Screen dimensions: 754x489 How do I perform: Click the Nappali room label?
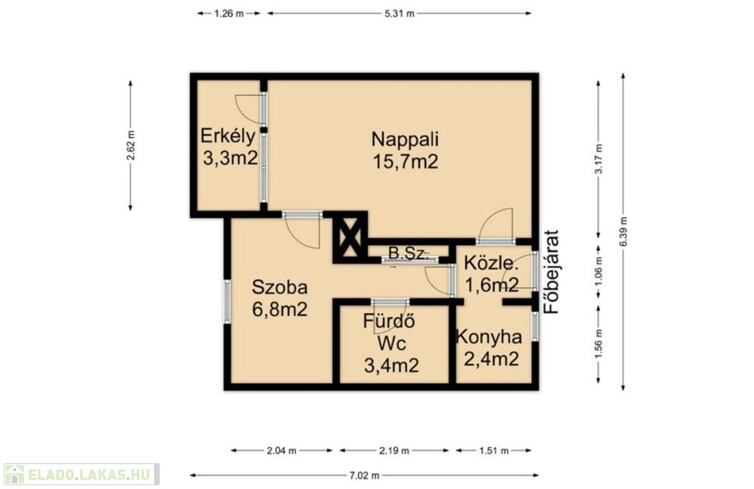[405, 139]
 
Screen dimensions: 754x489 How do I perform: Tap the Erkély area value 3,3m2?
[230, 158]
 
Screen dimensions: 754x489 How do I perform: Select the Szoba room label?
[279, 287]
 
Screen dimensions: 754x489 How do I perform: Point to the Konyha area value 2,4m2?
[491, 358]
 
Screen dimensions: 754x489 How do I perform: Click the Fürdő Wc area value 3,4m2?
[392, 366]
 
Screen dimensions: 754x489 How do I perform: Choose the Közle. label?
[491, 264]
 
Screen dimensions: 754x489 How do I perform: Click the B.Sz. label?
[408, 253]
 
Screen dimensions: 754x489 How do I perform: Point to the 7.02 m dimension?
[364, 476]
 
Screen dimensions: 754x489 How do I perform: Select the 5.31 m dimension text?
[399, 13]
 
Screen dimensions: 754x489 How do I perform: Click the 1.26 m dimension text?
[229, 13]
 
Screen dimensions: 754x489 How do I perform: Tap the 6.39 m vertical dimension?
[623, 232]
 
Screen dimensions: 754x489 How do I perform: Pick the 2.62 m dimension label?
[130, 145]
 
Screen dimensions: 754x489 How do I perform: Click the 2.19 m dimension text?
[394, 451]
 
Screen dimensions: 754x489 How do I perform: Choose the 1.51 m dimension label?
[493, 451]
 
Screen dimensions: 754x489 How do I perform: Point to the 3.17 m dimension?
[598, 159]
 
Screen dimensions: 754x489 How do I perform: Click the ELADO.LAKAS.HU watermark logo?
[81, 474]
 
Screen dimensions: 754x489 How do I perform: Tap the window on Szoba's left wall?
[227, 301]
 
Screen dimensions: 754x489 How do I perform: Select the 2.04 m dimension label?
[281, 451]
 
